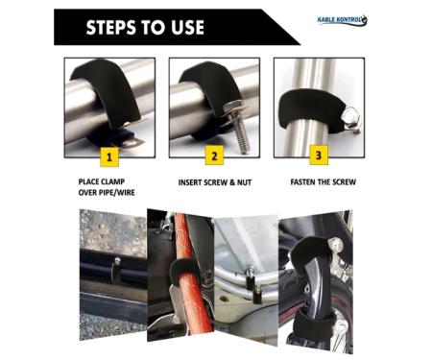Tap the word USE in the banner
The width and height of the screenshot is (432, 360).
187,27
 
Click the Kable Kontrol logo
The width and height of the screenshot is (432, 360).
342,20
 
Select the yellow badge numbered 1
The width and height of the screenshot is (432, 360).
109,157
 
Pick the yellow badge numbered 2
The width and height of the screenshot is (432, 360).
214,156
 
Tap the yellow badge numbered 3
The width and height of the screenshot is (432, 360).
319,156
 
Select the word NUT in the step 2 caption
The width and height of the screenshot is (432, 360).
244,182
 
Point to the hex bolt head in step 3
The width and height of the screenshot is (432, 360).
349,114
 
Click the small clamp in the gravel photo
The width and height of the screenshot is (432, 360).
116,272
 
